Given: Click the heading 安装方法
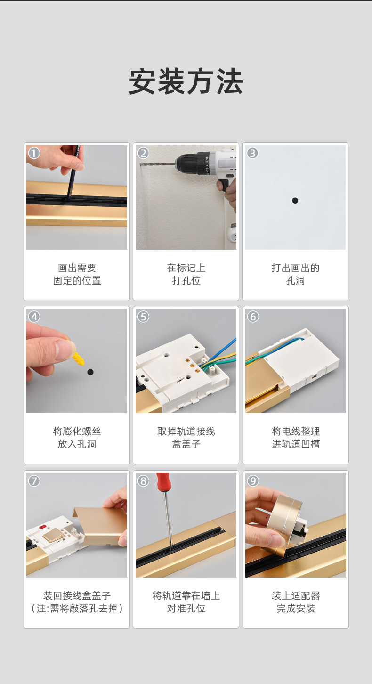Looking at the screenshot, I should tap(186, 82).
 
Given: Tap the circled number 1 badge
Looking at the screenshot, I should tap(34, 153).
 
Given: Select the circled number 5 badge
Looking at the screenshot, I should tap(143, 317).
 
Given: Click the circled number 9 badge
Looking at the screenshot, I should tap(253, 480).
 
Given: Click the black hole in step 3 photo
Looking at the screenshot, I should tap(295, 201).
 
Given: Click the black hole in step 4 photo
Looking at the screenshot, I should tap(90, 372).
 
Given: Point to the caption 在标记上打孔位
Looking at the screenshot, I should tap(186, 274).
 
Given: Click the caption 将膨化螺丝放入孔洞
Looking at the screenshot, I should tap(77, 438).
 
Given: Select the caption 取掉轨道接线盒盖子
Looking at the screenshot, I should tap(186, 438).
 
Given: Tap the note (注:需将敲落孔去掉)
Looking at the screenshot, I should tap(77, 608).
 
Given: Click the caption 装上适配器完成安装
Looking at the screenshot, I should tap(296, 602).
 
